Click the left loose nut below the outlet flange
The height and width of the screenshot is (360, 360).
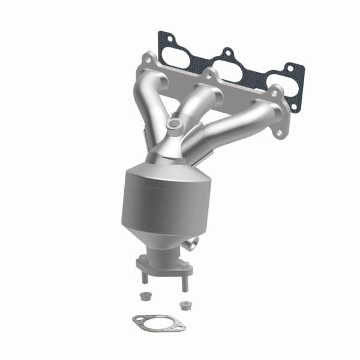[x=145, y=296]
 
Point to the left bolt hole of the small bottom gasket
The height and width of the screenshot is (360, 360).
[x=137, y=322]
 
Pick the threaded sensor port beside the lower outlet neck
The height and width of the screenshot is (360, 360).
[x=192, y=244]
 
